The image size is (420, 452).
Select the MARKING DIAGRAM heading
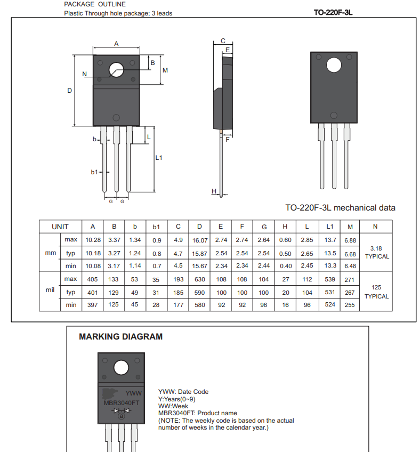click(x=120, y=337)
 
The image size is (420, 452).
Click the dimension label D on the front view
click(x=69, y=91)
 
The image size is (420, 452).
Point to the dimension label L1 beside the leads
click(x=159, y=158)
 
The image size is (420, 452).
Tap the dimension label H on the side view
click(x=214, y=191)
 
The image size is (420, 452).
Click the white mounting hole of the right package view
click(x=334, y=65)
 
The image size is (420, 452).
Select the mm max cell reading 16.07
click(x=200, y=240)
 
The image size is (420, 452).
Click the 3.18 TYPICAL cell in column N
click(x=376, y=253)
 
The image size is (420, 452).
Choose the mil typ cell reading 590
click(x=200, y=292)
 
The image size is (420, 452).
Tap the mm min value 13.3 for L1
click(x=330, y=266)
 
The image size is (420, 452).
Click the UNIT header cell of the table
click(x=60, y=227)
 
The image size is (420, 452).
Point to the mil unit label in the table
click(x=50, y=292)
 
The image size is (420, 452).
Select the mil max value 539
click(x=330, y=279)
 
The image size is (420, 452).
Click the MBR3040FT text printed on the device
click(x=121, y=403)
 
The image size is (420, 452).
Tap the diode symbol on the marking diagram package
click(x=121, y=410)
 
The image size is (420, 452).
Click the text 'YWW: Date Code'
click(x=183, y=392)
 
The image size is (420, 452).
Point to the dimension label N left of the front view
click(x=84, y=74)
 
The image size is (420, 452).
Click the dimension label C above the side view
click(x=223, y=41)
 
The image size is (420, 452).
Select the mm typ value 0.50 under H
click(x=285, y=253)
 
